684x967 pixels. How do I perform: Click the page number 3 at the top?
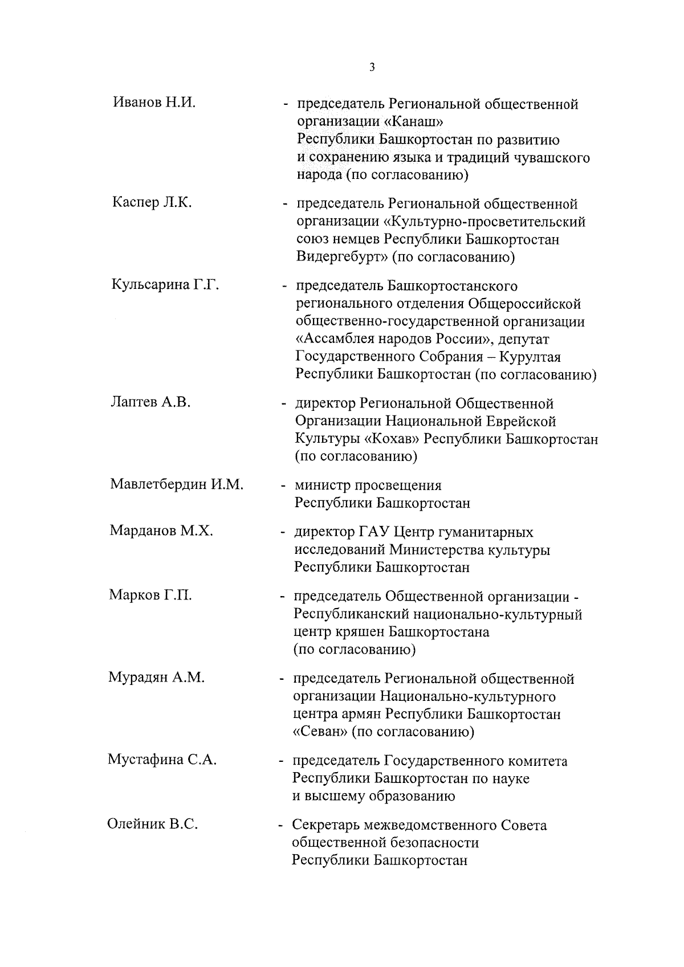[372, 67]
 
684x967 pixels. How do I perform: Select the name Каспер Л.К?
[152, 202]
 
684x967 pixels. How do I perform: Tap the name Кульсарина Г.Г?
[166, 284]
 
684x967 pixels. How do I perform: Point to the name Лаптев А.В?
[150, 402]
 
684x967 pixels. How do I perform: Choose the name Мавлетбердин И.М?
[177, 484]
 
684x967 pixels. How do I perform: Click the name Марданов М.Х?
[161, 531]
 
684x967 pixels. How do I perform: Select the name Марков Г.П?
[150, 595]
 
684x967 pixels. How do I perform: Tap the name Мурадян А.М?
[157, 678]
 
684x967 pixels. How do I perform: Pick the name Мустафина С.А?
[162, 760]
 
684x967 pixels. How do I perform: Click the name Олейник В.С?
[153, 824]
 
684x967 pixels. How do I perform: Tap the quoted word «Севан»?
[320, 732]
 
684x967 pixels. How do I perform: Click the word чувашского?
[551, 157]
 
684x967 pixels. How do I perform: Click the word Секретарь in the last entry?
[326, 825]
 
